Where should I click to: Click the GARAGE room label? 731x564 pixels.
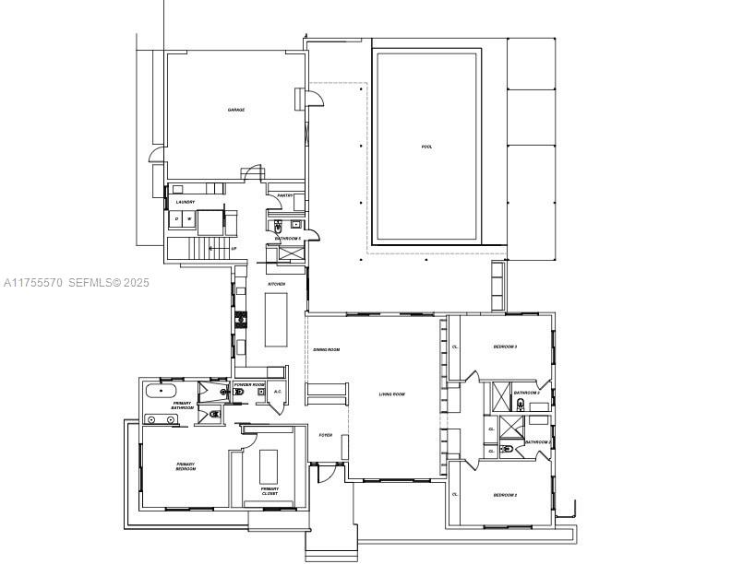coord(236,110)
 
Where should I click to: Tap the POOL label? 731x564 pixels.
coord(426,147)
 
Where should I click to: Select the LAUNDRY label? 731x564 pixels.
coord(186,202)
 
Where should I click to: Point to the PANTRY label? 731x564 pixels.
coord(285,195)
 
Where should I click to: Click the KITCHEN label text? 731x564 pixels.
coord(276,284)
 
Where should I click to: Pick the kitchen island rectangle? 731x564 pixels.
coord(277,319)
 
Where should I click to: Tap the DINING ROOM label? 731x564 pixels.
coord(327,349)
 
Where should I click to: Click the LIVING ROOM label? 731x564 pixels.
coord(392,394)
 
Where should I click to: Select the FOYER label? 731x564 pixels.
coord(326,435)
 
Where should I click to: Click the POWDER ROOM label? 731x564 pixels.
coord(249,383)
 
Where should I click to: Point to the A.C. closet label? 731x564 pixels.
coord(278,392)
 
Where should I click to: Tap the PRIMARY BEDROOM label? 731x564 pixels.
coord(186,466)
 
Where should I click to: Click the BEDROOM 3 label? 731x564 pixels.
coord(504,347)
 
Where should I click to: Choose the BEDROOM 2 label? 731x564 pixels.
coord(504,495)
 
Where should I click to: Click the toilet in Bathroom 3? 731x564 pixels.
coord(521,405)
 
